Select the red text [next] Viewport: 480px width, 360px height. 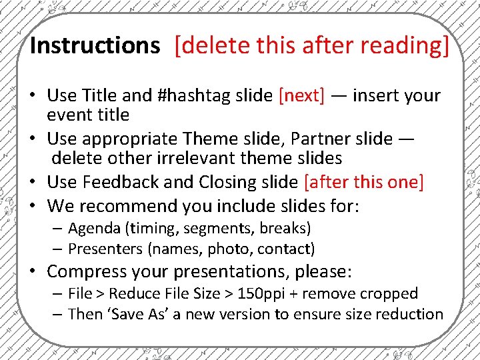301,95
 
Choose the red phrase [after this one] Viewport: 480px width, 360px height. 363,182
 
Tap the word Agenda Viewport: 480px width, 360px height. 93,228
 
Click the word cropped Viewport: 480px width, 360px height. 389,293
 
